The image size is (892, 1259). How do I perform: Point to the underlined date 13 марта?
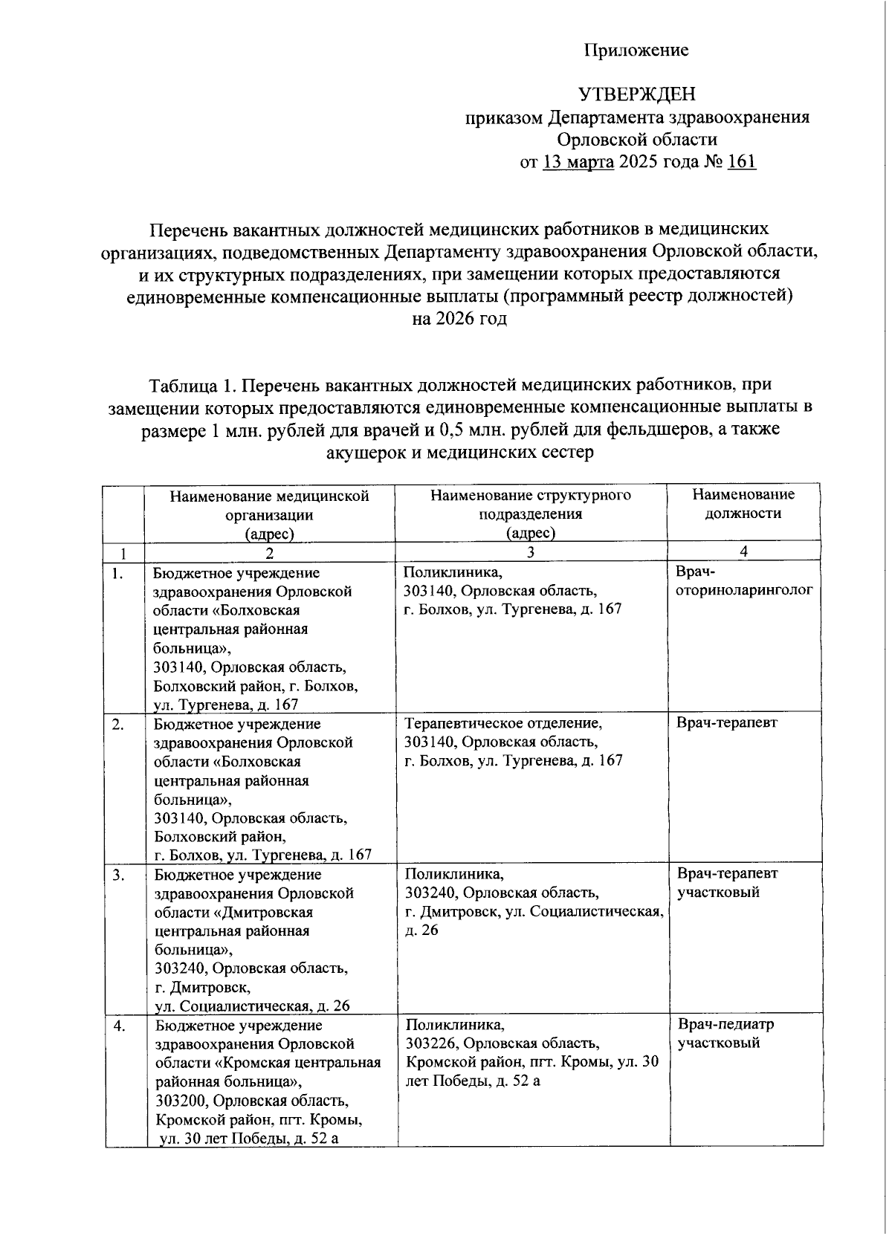pyautogui.click(x=578, y=161)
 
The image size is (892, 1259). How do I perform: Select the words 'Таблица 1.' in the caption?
pyautogui.click(x=193, y=385)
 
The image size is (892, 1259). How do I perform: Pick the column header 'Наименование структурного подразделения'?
pyautogui.click(x=531, y=504)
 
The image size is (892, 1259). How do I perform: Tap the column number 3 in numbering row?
pyautogui.click(x=530, y=551)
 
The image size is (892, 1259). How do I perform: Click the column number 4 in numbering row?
pyautogui.click(x=744, y=551)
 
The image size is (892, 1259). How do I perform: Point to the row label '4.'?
pyautogui.click(x=119, y=1026)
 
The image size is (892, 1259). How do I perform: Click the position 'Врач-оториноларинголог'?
pyautogui.click(x=743, y=581)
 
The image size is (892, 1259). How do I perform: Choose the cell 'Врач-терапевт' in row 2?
pyautogui.click(x=727, y=722)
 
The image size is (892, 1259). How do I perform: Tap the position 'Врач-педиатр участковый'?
pyautogui.click(x=725, y=1033)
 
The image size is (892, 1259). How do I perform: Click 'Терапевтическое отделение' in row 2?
pyautogui.click(x=502, y=723)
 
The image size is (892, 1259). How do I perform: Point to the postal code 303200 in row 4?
pyautogui.click(x=181, y=1101)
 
